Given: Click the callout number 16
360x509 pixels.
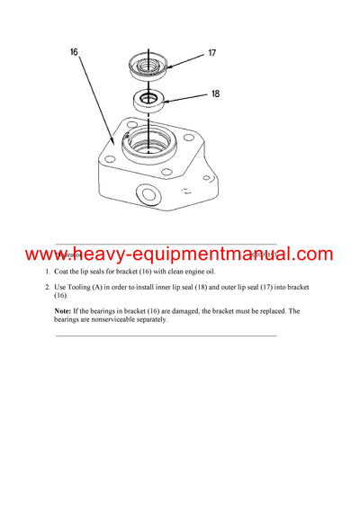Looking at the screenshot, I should [x=75, y=53].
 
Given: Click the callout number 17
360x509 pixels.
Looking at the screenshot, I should [x=212, y=53].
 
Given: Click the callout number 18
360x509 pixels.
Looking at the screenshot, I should [x=214, y=93].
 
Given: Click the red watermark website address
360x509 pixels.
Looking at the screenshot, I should [x=179, y=254].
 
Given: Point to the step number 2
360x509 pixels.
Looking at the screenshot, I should [x=48, y=287].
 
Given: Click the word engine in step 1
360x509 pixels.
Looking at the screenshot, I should [x=191, y=272].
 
